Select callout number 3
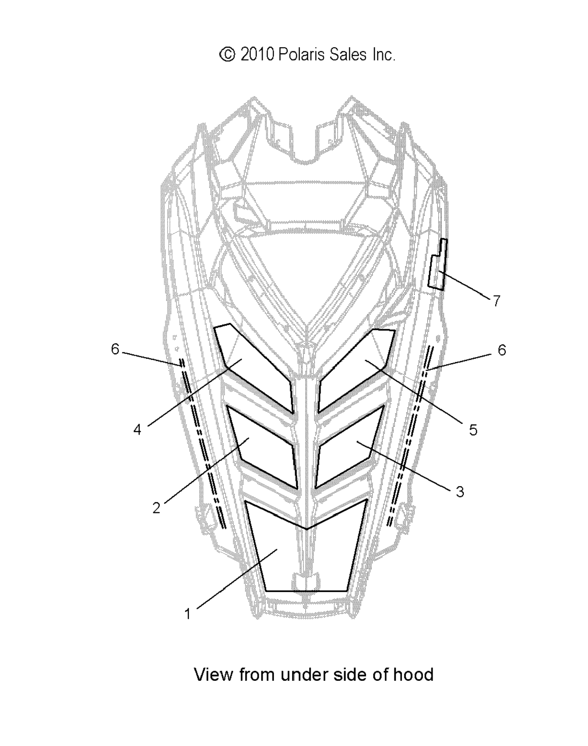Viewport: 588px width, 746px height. [x=460, y=491]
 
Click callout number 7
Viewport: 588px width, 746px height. [x=496, y=301]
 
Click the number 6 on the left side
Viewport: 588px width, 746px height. [x=115, y=349]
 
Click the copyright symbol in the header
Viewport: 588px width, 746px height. [x=227, y=55]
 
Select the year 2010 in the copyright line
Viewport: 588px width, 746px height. [x=257, y=55]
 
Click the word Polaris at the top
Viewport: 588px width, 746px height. [x=301, y=55]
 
